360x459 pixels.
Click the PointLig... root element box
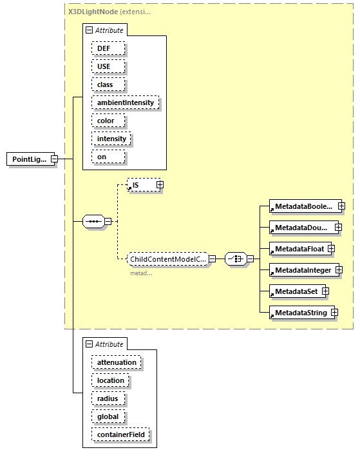tap(29, 159)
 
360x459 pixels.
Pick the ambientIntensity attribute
tap(126, 103)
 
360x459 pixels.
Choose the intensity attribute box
tap(111, 139)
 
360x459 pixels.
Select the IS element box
tap(141, 185)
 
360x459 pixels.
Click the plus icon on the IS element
tap(160, 185)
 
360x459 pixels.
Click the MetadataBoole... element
tap(302, 206)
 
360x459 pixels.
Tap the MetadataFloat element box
tap(297, 248)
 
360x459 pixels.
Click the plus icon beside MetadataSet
tap(325, 291)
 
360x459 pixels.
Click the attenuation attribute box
tap(116, 362)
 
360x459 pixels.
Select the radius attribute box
tap(108, 398)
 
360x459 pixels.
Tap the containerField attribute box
tap(121, 435)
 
